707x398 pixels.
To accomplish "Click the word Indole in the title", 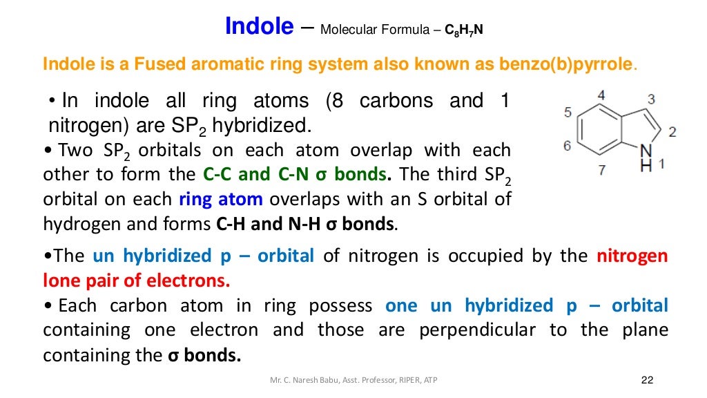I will coord(259,28).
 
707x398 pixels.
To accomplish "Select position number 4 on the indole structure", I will coord(601,95).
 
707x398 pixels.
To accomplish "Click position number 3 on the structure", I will coord(651,99).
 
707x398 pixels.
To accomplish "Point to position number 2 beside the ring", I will coord(673,131).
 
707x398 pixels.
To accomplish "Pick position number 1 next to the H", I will coord(661,164).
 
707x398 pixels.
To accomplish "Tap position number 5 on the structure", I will coord(568,112).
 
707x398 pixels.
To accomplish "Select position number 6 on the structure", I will coord(567,146).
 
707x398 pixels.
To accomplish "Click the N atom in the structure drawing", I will coord(646,151).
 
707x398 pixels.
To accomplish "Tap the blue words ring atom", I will coord(221,200).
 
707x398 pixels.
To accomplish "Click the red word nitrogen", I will coord(632,256).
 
